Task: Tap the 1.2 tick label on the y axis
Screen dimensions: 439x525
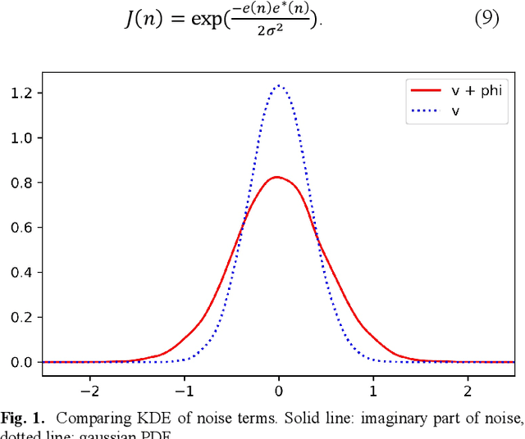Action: click(22, 93)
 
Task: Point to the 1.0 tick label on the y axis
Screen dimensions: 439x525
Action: click(22, 138)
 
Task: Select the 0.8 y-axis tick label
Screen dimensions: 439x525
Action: click(22, 183)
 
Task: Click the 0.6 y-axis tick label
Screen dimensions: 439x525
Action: click(22, 228)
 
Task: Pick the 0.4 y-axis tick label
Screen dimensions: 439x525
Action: click(22, 273)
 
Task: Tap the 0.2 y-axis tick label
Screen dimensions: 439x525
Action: click(22, 317)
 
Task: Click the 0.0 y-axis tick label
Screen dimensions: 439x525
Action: click(22, 362)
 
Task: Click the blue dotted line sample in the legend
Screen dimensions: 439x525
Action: click(425, 109)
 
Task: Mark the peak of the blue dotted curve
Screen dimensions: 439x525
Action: click(279, 85)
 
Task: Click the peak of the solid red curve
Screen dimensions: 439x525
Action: click(278, 177)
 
